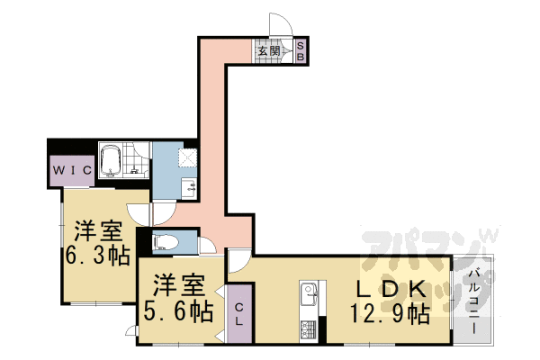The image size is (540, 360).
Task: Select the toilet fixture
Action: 166,240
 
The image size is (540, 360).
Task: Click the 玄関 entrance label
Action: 268,50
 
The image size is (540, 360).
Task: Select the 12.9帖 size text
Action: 389,314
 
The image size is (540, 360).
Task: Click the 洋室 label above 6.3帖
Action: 92,229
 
